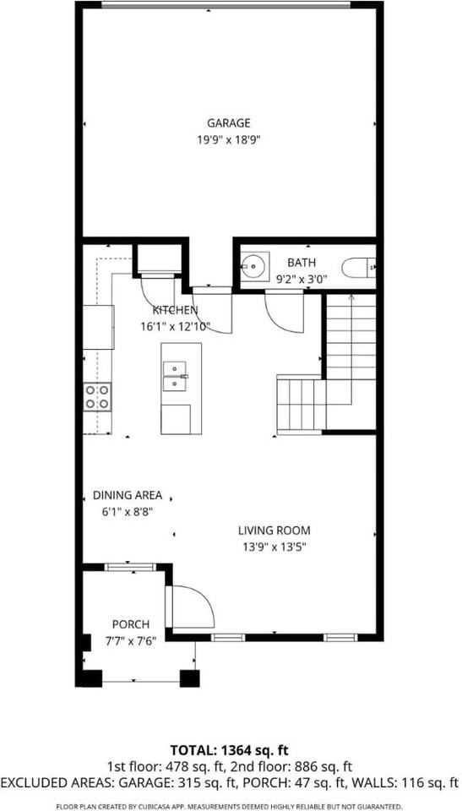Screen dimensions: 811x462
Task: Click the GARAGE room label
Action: pyautogui.click(x=228, y=123)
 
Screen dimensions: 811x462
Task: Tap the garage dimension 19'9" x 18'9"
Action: pyautogui.click(x=228, y=140)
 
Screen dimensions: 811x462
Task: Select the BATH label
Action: pyautogui.click(x=301, y=263)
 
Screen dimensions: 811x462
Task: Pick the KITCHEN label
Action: pyautogui.click(x=175, y=310)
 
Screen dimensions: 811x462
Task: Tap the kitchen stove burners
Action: pyautogui.click(x=97, y=396)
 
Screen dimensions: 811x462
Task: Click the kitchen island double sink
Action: pyautogui.click(x=175, y=377)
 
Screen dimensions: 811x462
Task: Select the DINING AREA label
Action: pyautogui.click(x=128, y=496)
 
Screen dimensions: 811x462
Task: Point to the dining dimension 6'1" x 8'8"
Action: pyautogui.click(x=128, y=511)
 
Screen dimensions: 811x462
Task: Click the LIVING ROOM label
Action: pyautogui.click(x=274, y=531)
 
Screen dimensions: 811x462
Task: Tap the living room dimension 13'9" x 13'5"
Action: pyautogui.click(x=274, y=547)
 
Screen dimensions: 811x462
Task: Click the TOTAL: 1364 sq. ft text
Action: pyautogui.click(x=230, y=748)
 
